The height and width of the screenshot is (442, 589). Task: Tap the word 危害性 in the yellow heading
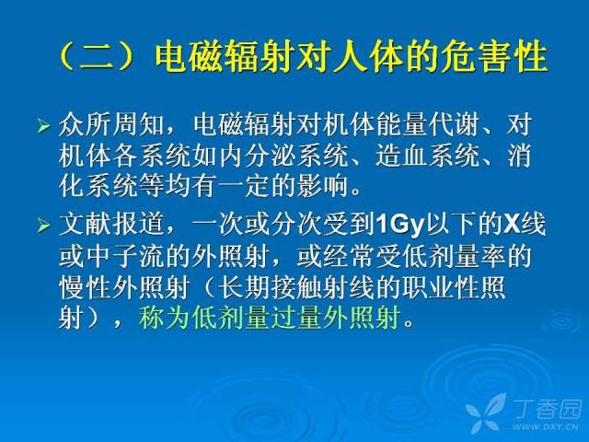(x=494, y=57)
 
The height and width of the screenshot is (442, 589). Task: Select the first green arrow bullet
(x=43, y=125)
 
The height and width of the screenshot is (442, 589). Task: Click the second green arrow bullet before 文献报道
(x=43, y=226)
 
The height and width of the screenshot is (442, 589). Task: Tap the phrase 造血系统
(x=428, y=156)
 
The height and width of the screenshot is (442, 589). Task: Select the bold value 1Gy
(x=399, y=225)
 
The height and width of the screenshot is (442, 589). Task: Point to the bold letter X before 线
(x=512, y=225)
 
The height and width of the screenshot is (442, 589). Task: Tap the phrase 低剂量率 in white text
(x=454, y=256)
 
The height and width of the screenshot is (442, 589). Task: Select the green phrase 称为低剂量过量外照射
(x=270, y=319)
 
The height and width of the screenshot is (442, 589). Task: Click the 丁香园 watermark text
(x=548, y=410)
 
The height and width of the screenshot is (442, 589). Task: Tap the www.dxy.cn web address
(x=545, y=426)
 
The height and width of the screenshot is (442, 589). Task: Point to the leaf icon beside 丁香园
(x=486, y=413)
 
